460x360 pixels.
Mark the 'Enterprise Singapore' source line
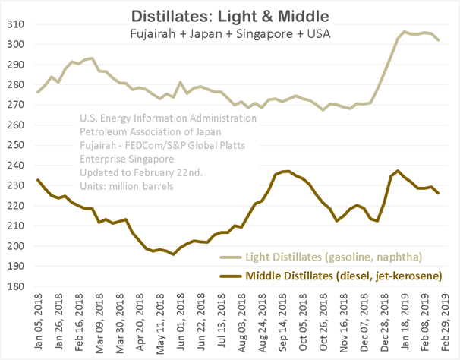[x=125, y=159]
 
